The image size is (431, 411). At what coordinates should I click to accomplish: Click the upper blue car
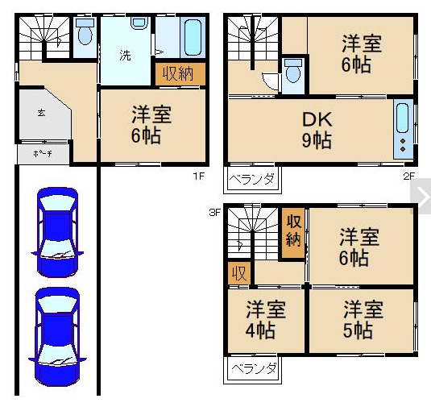(56, 231)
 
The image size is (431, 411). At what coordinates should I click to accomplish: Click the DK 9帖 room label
(317, 129)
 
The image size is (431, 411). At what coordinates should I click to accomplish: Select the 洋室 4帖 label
(265, 319)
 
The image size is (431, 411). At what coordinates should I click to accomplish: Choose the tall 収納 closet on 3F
(293, 230)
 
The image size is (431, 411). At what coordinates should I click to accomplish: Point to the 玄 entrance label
(40, 112)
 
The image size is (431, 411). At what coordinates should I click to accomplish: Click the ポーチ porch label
(42, 153)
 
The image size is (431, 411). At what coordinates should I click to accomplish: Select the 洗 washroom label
(125, 56)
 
